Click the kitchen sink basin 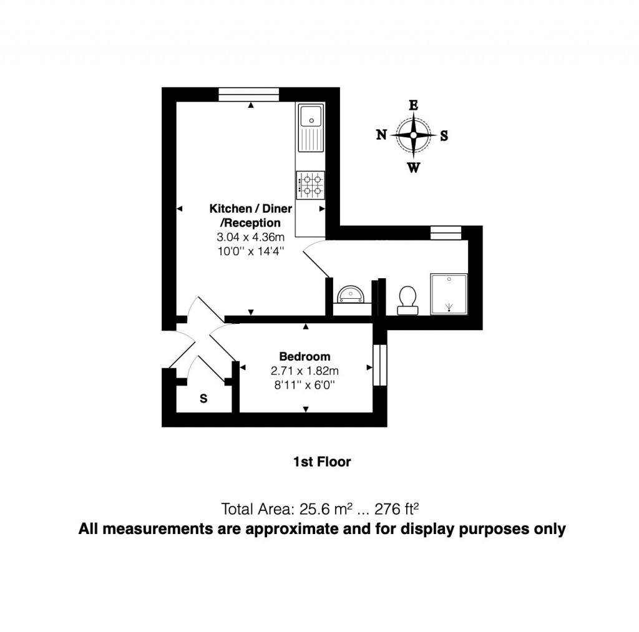[310, 116]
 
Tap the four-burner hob [310, 185]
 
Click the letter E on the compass [413, 105]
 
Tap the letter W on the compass [413, 167]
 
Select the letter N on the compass [381, 135]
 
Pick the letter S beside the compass [444, 135]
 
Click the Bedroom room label [304, 357]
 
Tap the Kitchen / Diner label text [250, 209]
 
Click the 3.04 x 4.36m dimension [250, 238]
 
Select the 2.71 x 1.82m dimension [304, 371]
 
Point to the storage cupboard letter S [203, 399]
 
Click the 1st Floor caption [321, 462]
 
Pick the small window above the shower [446, 233]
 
